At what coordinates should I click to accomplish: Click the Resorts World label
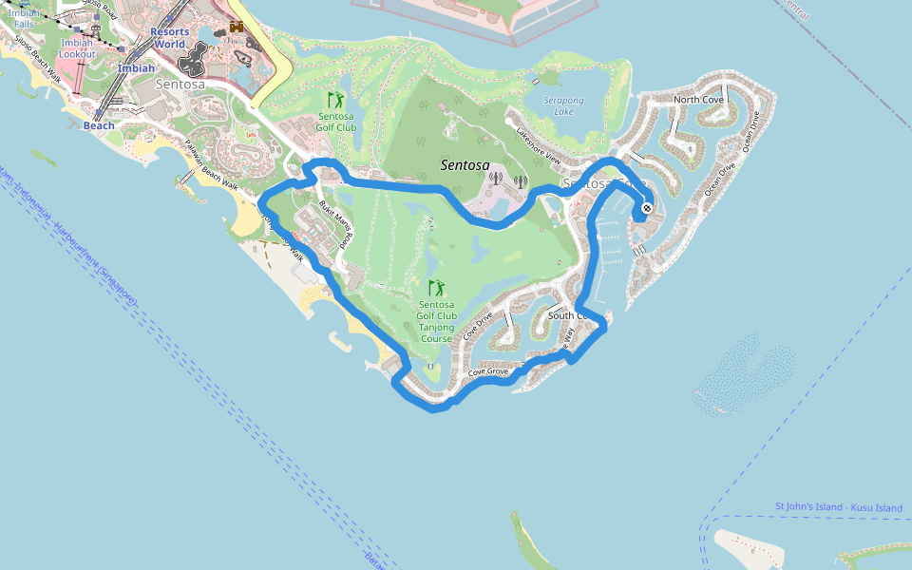169,38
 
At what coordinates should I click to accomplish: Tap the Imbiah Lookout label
77,49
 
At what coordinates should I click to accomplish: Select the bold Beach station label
99,125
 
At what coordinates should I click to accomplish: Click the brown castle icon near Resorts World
236,27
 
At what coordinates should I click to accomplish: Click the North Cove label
698,100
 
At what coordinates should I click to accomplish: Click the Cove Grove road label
488,371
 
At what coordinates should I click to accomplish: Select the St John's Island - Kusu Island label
839,507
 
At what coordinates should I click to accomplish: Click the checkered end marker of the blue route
647,208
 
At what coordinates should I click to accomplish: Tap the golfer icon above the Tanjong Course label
436,287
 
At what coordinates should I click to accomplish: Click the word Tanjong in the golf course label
436,327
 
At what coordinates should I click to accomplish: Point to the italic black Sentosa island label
465,165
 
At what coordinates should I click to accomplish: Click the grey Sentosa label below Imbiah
177,85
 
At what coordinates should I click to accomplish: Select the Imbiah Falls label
25,18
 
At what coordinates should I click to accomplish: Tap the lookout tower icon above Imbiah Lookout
78,28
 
